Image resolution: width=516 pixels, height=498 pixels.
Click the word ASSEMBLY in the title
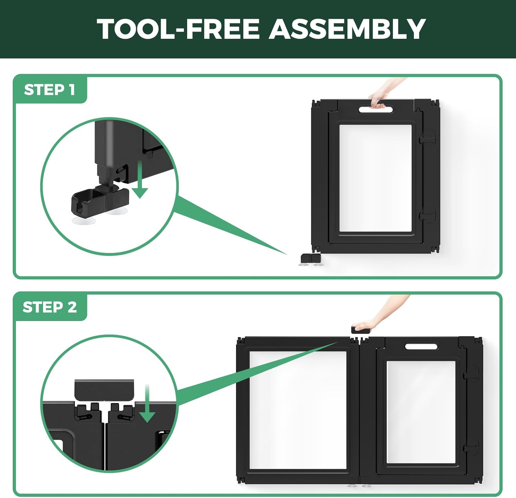pyautogui.click(x=347, y=29)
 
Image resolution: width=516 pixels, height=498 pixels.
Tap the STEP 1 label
pyautogui.click(x=50, y=90)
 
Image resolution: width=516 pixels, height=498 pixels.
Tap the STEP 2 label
pyautogui.click(x=50, y=307)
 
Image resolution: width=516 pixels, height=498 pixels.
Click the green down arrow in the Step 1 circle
pyautogui.click(x=140, y=179)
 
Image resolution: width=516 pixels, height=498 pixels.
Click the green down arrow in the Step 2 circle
pyautogui.click(x=148, y=403)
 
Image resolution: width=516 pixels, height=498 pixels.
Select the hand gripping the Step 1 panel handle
pyautogui.click(x=384, y=93)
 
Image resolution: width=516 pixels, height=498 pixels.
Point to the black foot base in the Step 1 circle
pyautogui.click(x=100, y=201)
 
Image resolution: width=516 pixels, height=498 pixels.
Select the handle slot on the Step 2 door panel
pyautogui.click(x=421, y=346)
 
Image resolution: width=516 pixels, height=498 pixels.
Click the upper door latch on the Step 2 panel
pyautogui.click(x=471, y=373)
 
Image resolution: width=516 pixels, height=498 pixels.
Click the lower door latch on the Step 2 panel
pyautogui.click(x=471, y=447)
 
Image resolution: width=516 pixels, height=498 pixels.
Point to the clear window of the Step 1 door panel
pyautogui.click(x=375, y=178)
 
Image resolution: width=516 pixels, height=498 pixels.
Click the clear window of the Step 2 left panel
pyautogui.click(x=298, y=410)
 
